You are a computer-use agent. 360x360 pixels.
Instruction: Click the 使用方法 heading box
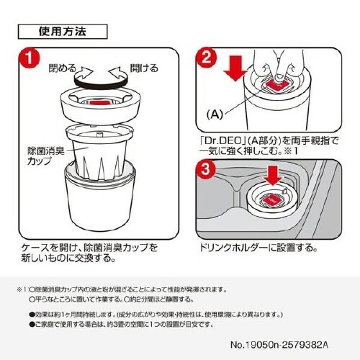pyautogui.click(x=63, y=32)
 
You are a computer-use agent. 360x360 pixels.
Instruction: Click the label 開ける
pyautogui.click(x=144, y=69)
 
